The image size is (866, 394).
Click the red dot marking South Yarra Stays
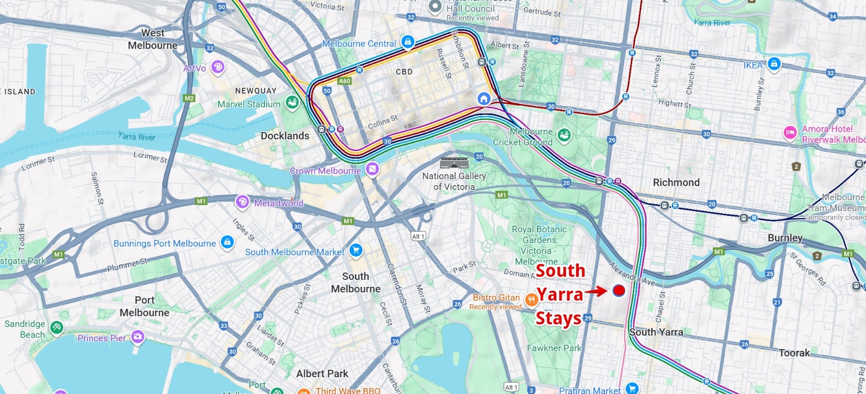[x=619, y=291]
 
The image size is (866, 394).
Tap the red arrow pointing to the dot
[x=596, y=291]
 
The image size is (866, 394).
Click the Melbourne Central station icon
[x=408, y=42]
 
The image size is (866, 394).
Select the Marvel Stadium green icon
[x=292, y=103]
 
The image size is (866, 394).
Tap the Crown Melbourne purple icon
[x=372, y=169]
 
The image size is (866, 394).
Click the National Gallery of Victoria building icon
[x=454, y=163]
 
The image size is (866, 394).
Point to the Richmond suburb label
[x=676, y=182]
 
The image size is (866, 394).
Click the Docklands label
[x=285, y=136]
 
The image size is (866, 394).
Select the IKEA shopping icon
[x=774, y=64]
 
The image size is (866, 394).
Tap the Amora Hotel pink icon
[x=790, y=133]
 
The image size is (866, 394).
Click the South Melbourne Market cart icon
[x=356, y=250]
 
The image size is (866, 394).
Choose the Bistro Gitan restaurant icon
[x=531, y=298]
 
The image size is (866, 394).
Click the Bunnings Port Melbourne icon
[x=227, y=242]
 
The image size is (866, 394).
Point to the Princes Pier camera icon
[x=137, y=337]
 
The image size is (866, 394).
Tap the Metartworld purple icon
[x=242, y=202]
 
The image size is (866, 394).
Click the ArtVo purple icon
[x=218, y=67]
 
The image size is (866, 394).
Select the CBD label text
[x=404, y=71]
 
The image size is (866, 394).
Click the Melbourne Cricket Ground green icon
[x=564, y=135]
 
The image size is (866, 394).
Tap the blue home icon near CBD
[x=484, y=98]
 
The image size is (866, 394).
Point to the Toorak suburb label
[x=794, y=353]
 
